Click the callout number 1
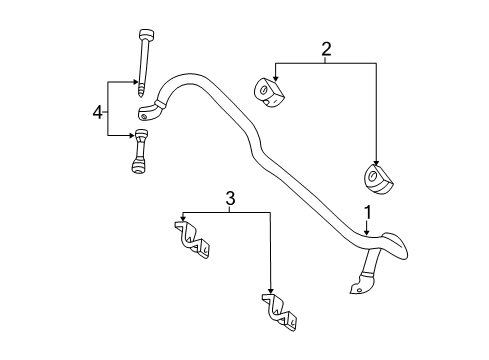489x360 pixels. (x=367, y=213)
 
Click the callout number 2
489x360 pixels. (x=326, y=49)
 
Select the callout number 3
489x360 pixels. (x=230, y=198)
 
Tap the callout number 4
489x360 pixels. (x=97, y=113)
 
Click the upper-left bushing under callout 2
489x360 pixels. (x=269, y=93)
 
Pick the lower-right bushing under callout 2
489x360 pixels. (x=378, y=178)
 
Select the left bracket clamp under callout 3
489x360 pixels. (x=192, y=240)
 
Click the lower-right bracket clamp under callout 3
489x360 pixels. (x=279, y=312)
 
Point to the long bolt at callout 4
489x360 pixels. (x=145, y=63)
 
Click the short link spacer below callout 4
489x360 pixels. (x=140, y=151)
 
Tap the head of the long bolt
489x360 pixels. (x=146, y=35)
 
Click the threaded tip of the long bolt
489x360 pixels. (x=141, y=91)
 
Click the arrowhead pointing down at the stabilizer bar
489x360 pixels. (x=367, y=232)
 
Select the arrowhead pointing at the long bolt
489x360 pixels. (x=135, y=82)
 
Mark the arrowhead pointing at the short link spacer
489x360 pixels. (x=131, y=135)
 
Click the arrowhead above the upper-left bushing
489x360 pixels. (x=275, y=78)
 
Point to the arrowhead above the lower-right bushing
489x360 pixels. (x=376, y=162)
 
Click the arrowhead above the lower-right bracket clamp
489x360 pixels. (x=270, y=291)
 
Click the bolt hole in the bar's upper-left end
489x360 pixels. (x=144, y=116)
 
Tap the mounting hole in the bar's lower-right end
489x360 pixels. (x=359, y=290)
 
